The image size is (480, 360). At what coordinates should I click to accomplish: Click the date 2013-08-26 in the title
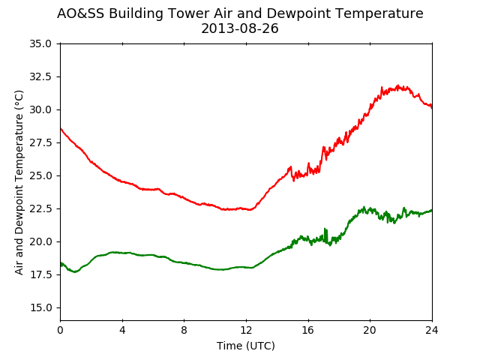(240, 28)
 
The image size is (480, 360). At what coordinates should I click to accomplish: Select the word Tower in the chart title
(189, 13)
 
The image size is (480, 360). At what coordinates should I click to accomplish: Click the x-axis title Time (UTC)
(246, 346)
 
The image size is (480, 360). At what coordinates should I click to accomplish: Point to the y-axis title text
(19, 182)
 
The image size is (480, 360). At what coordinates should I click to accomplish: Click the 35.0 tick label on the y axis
(40, 43)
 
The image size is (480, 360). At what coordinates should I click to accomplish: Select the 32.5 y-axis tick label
(40, 76)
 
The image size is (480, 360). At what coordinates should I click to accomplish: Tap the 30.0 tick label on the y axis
(40, 109)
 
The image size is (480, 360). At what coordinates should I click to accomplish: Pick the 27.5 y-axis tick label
(40, 142)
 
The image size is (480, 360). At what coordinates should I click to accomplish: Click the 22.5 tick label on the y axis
(40, 208)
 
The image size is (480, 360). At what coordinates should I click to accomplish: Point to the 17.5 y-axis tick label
(40, 274)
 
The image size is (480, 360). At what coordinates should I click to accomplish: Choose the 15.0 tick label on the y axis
(40, 307)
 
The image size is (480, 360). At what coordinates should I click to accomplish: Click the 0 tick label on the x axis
(60, 330)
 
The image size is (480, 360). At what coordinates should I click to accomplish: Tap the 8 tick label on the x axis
(184, 330)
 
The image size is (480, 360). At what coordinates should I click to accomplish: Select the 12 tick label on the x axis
(246, 330)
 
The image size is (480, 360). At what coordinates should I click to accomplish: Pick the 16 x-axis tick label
(308, 330)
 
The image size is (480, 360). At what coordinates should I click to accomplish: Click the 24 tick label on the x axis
(432, 330)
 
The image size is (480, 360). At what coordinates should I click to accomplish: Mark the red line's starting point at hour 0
(61, 128)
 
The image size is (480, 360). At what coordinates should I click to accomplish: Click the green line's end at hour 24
(432, 210)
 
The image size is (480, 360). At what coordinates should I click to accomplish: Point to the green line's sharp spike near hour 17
(325, 229)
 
